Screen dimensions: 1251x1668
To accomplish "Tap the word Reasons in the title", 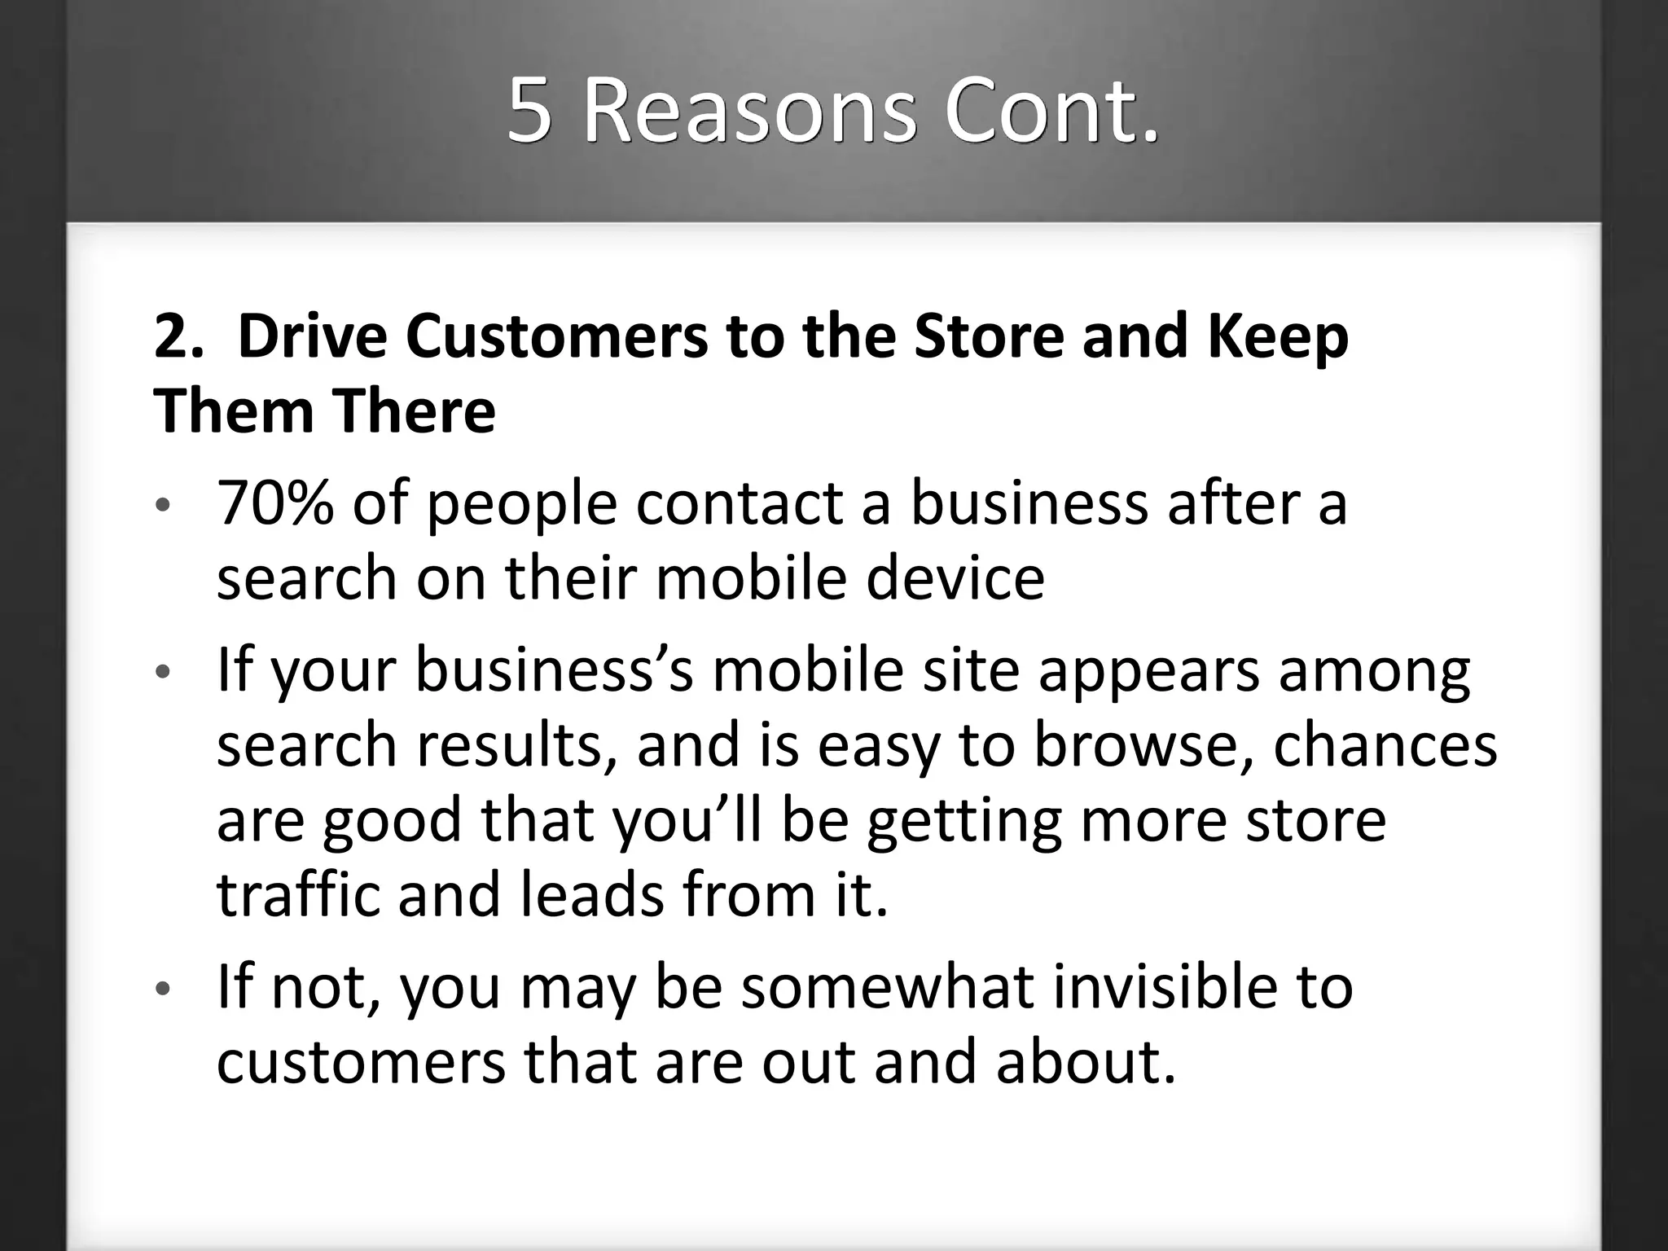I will [749, 111].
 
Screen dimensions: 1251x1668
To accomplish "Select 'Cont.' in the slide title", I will [1051, 111].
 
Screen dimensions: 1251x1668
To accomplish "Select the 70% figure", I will [274, 503].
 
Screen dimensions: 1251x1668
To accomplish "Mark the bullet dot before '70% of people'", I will [163, 506].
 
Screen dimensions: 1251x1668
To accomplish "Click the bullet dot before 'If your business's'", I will [163, 672].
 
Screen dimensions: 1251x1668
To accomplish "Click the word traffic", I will [298, 894].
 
